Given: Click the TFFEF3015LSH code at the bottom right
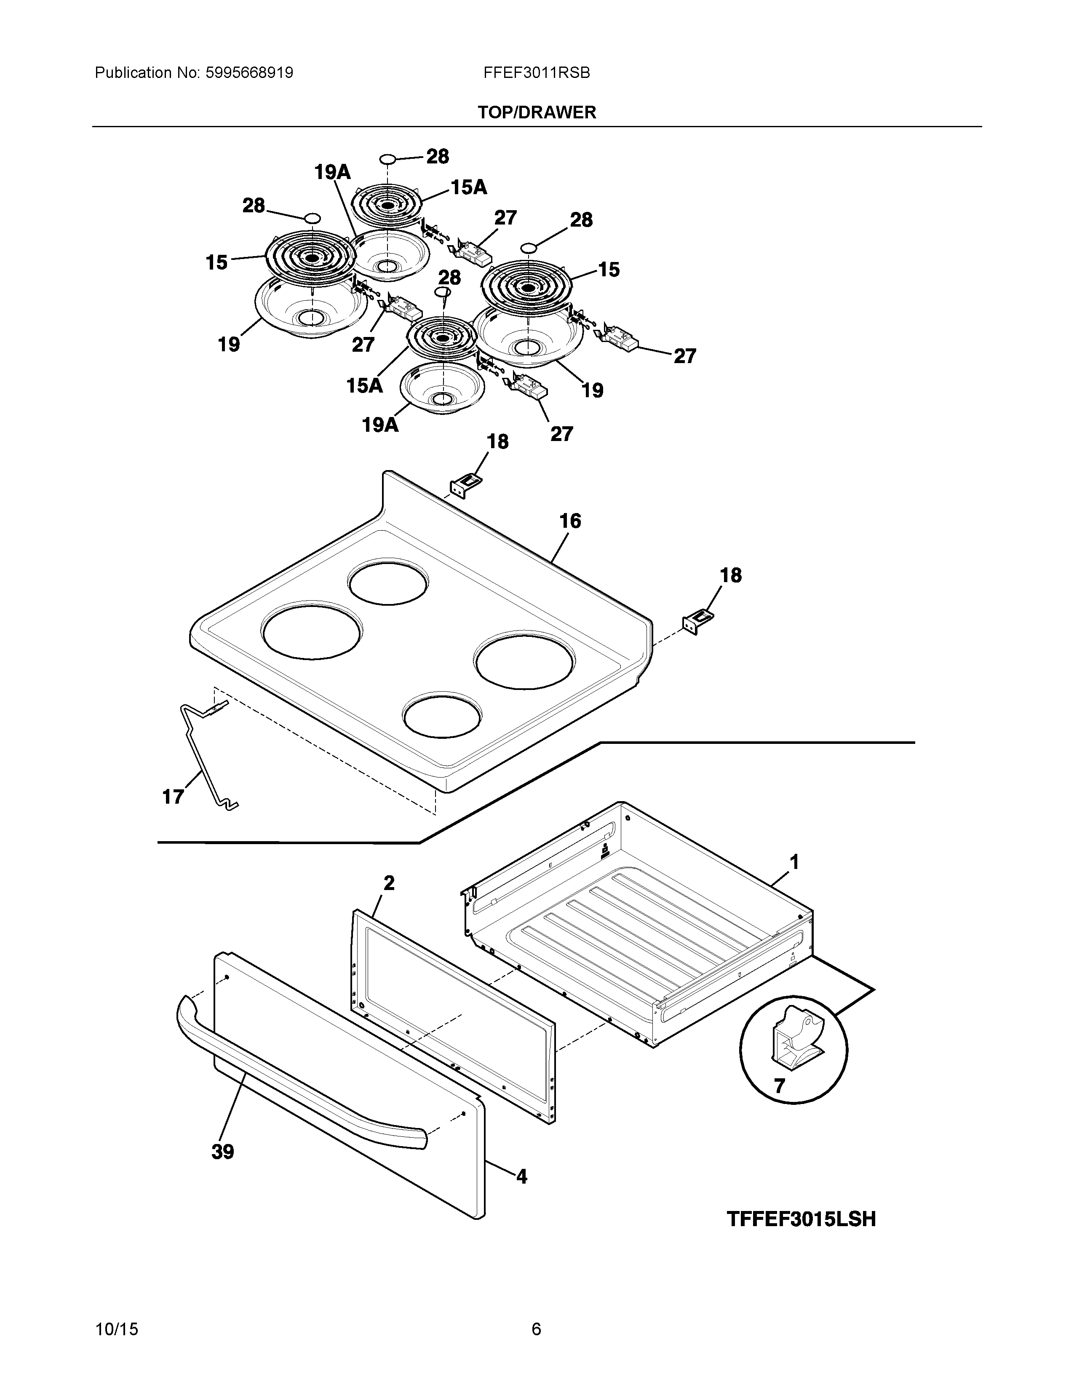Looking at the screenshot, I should (x=801, y=1219).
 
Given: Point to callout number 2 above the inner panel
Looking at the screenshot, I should (x=389, y=883).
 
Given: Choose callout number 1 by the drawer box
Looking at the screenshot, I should (x=794, y=862).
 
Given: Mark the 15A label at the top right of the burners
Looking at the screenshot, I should (x=469, y=187).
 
